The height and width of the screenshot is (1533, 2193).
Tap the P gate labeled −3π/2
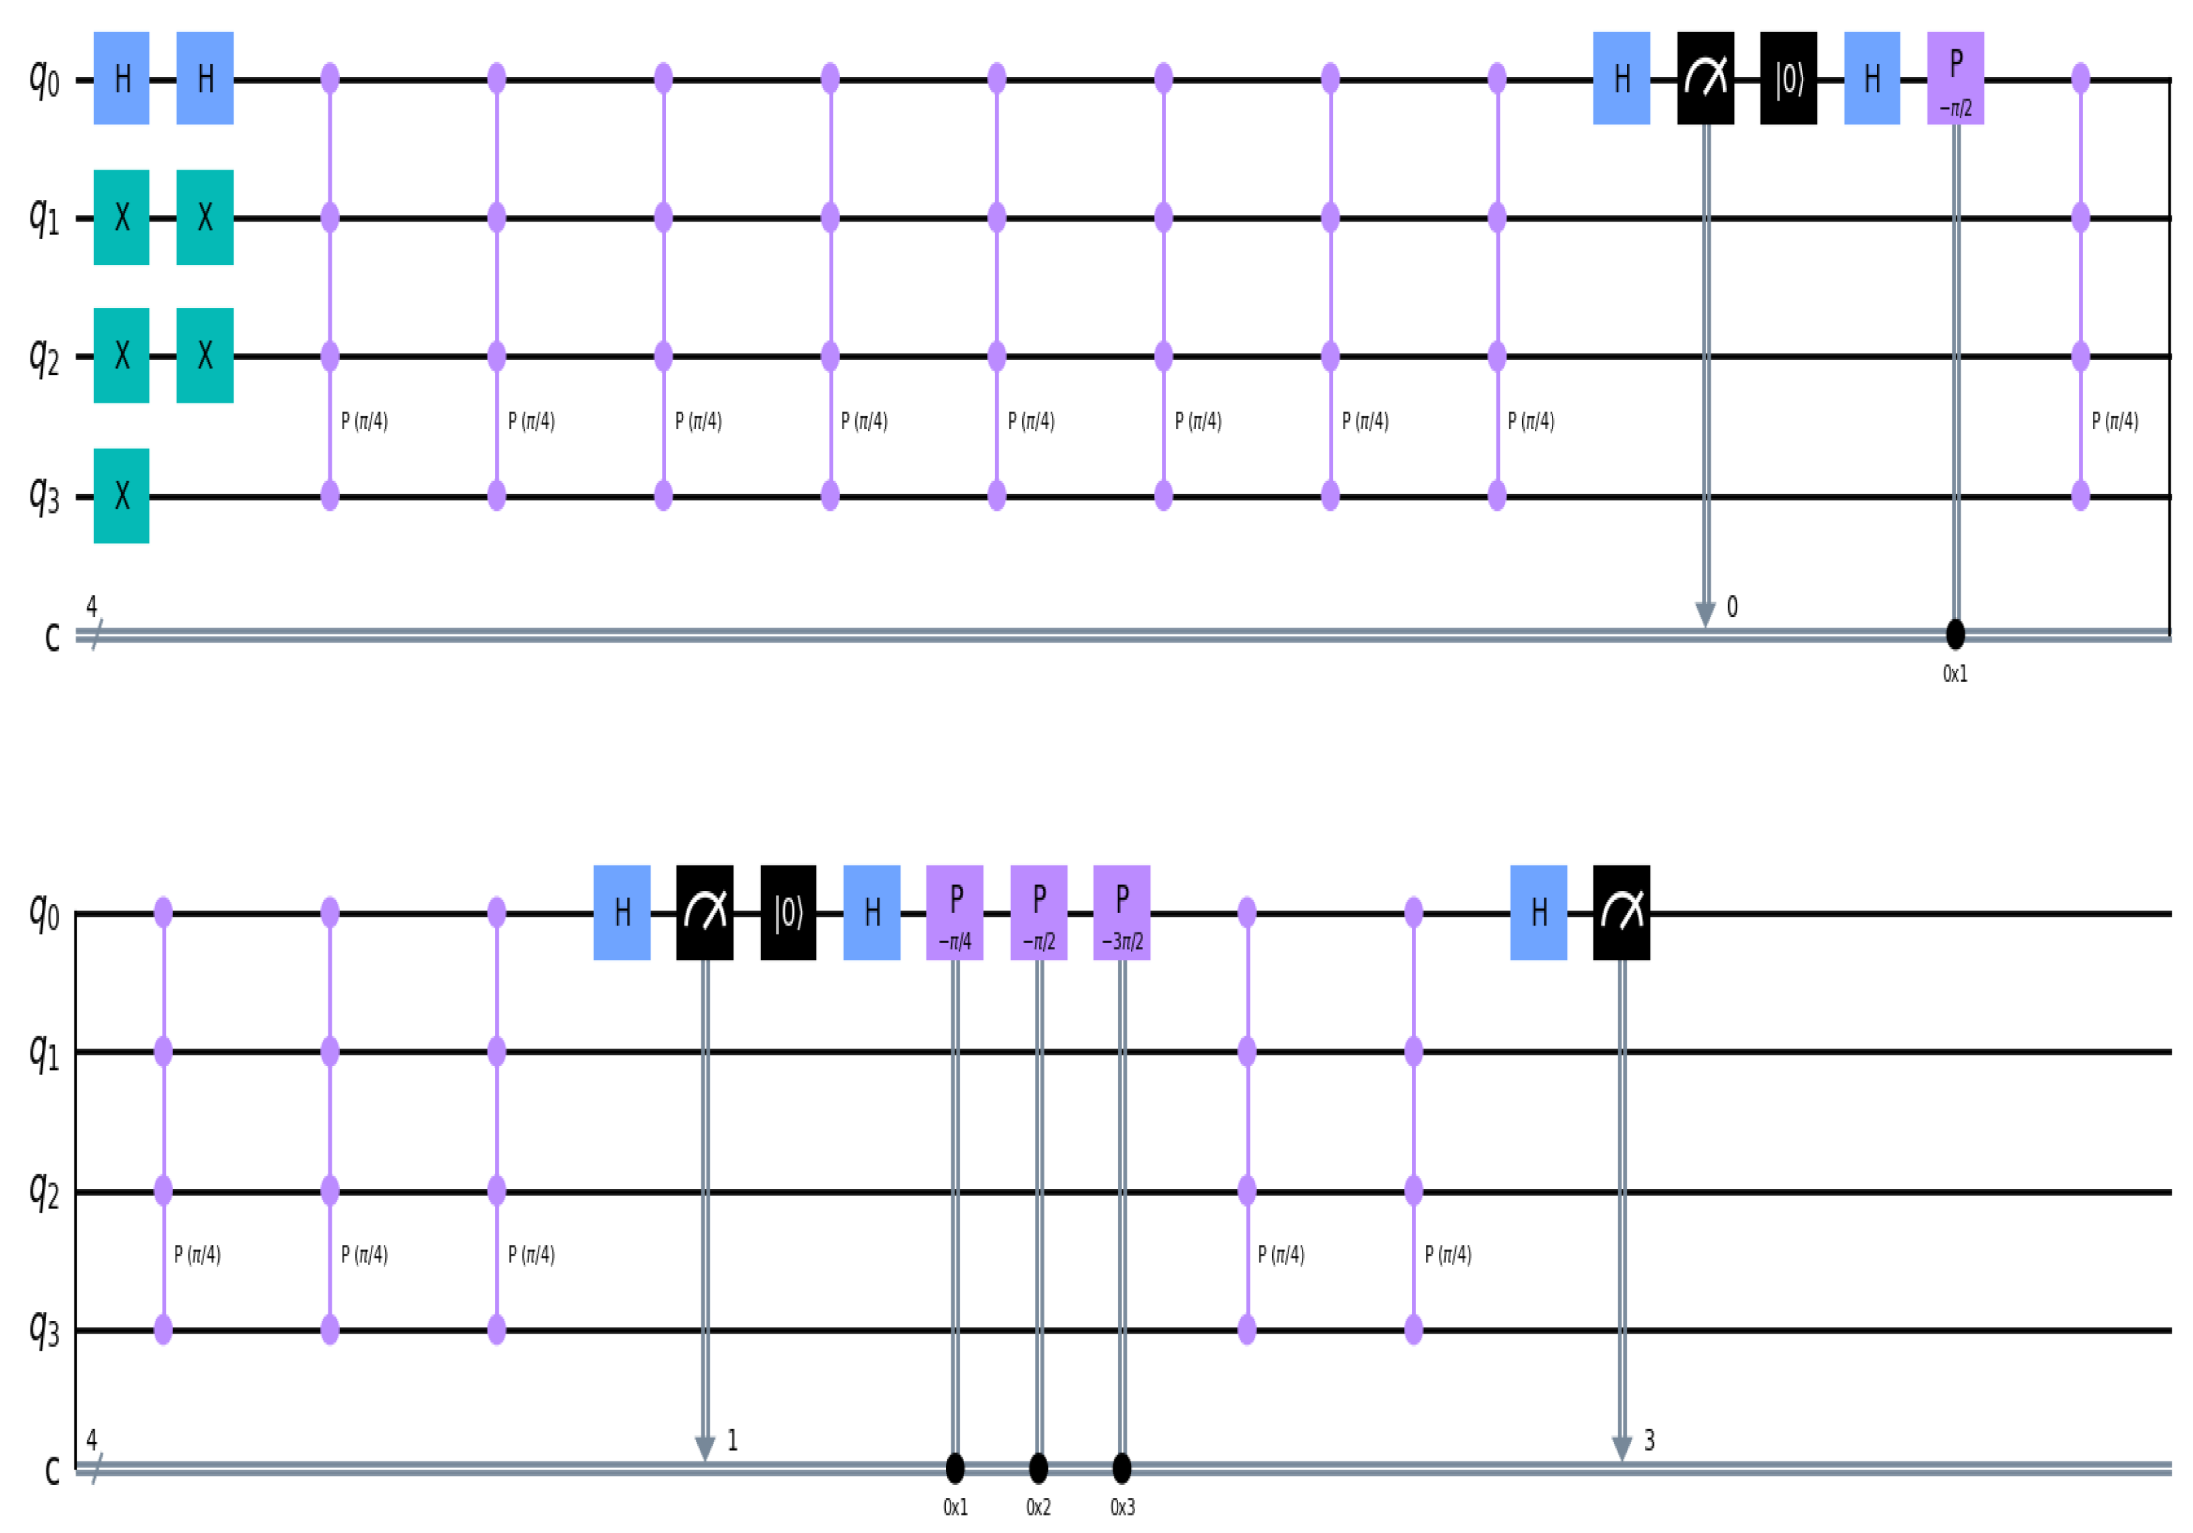(1121, 912)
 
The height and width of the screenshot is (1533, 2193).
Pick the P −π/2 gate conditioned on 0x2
(1038, 912)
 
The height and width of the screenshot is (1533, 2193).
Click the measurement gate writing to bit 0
(1705, 78)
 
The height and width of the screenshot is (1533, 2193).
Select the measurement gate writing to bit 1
(705, 912)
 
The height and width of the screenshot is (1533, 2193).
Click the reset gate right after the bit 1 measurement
(788, 912)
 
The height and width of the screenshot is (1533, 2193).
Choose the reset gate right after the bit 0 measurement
(1788, 78)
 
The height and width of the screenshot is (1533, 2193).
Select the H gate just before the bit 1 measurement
(622, 912)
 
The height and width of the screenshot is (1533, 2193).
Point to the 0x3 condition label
(1122, 1507)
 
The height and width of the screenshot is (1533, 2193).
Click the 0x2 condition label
(1038, 1507)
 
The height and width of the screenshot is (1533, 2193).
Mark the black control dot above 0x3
(1122, 1466)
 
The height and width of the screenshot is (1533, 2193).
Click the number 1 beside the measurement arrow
(732, 1440)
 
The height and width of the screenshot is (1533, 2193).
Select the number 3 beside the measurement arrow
(1650, 1440)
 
